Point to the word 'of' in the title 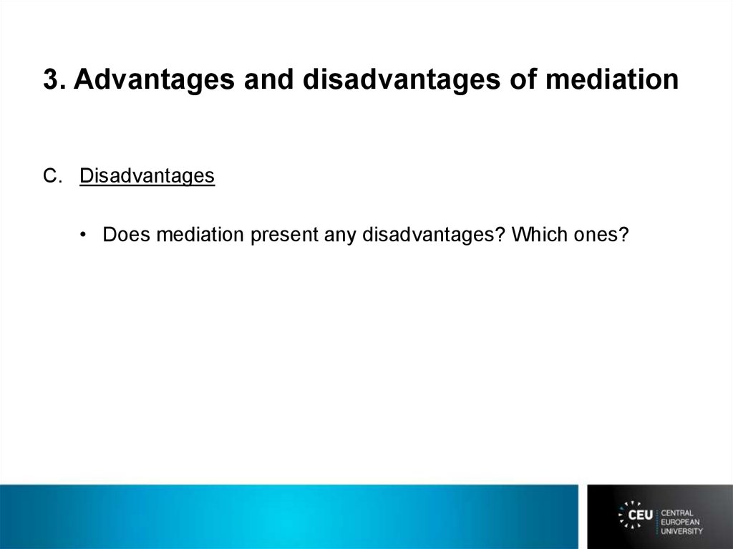(x=523, y=79)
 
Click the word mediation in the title (x=612, y=79)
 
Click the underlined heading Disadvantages (x=147, y=177)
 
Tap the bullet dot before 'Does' (x=83, y=234)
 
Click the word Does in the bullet (x=127, y=234)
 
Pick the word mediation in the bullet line (x=200, y=234)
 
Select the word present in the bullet (x=285, y=235)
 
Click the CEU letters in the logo (x=641, y=515)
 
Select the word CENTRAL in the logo (x=677, y=513)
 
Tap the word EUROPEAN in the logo (x=680, y=522)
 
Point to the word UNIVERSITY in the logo (x=681, y=531)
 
